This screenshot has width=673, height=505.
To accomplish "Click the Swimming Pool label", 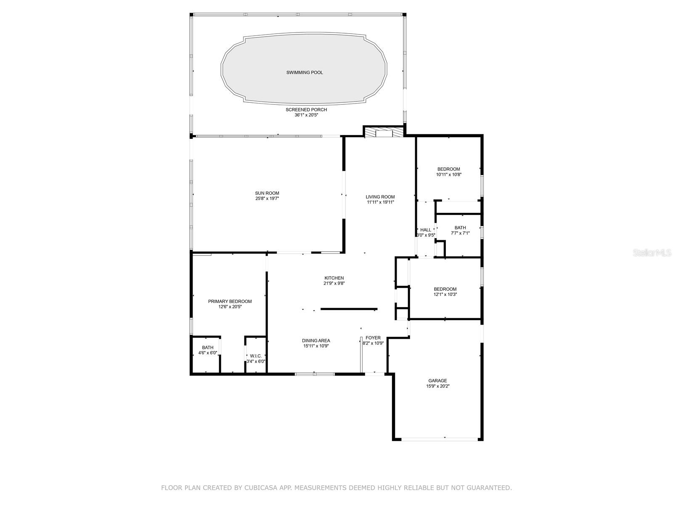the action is point(305,73).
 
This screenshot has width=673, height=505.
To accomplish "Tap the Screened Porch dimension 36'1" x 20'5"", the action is point(306,115).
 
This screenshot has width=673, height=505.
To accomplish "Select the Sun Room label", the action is point(267,193).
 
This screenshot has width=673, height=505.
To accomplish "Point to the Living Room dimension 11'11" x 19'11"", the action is point(380,202).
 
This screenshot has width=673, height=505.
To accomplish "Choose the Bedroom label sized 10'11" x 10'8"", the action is point(448,169).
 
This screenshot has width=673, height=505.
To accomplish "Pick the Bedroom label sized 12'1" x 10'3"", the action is point(445,289).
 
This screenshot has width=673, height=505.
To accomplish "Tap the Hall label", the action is point(426,230).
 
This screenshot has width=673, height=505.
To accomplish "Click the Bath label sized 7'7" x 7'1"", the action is point(460,228).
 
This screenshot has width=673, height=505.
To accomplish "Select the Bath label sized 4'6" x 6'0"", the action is point(207,348).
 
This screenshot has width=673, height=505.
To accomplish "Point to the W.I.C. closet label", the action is point(256,356).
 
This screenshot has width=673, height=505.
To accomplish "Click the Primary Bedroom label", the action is point(230,301).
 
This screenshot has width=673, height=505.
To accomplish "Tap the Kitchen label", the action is point(334,278).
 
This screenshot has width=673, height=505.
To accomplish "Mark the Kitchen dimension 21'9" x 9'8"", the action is point(334,283).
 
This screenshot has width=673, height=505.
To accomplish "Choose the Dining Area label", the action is point(316,340).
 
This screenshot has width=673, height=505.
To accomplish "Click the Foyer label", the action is point(373,338).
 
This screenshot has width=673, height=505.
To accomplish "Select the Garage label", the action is point(437,381).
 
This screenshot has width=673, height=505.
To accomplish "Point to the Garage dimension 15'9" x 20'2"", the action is point(437,386).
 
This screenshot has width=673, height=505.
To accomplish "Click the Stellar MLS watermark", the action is point(652,252).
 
